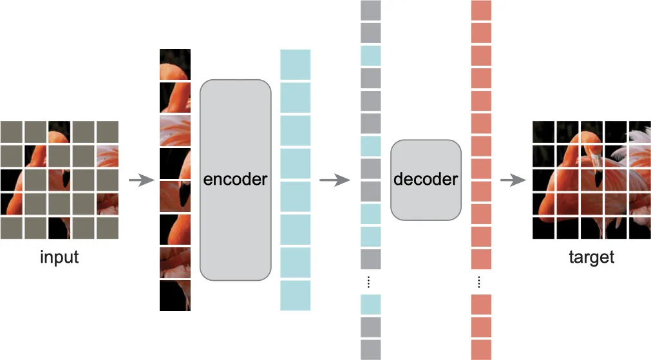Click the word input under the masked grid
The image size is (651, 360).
pyautogui.click(x=59, y=257)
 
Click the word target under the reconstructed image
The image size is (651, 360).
pyautogui.click(x=591, y=257)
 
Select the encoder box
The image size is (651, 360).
pyautogui.click(x=236, y=180)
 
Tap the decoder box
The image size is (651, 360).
pyautogui.click(x=426, y=180)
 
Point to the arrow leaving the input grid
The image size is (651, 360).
pyautogui.click(x=142, y=180)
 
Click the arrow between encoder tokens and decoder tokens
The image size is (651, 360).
pyautogui.click(x=335, y=180)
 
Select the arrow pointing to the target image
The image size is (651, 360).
pyautogui.click(x=513, y=180)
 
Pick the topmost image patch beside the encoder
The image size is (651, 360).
pyautogui.click(x=175, y=64)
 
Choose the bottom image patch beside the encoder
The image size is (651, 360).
pyautogui.click(x=175, y=295)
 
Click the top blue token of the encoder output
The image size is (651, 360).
pyautogui.click(x=295, y=64)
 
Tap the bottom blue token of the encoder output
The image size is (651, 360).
pyautogui.click(x=295, y=295)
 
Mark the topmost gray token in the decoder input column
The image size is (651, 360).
pyautogui.click(x=371, y=10)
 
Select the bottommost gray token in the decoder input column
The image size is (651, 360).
pyautogui.click(x=371, y=350)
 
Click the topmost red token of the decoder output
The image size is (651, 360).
pyautogui.click(x=481, y=10)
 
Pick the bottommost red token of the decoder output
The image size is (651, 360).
pyautogui.click(x=481, y=350)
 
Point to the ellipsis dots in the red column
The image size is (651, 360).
pyautogui.click(x=479, y=282)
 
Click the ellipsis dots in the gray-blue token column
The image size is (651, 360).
pyautogui.click(x=369, y=282)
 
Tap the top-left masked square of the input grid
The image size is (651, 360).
pyautogui.click(x=11, y=132)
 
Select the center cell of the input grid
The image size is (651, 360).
pyautogui.click(x=59, y=180)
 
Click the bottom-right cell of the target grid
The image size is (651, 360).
pyautogui.click(x=640, y=228)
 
